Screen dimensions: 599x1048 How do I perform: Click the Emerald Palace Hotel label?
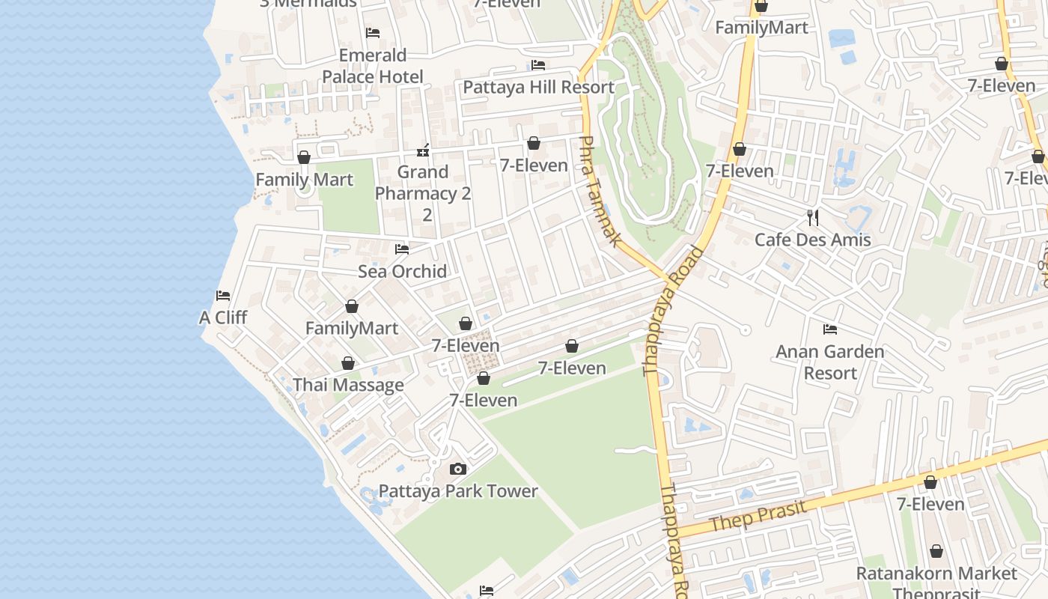coord(373,66)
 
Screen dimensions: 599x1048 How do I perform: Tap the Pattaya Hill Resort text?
coord(538,87)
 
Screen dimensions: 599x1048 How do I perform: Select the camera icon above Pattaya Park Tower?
coord(457,469)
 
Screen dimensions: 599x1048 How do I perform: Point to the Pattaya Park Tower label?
coord(458,491)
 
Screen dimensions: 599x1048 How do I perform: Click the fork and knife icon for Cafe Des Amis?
coord(813,218)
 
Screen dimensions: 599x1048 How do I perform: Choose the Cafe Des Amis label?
coord(813,240)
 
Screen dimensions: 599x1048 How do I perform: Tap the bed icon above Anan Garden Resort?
coord(829,329)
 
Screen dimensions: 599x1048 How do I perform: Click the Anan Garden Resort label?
coord(830,362)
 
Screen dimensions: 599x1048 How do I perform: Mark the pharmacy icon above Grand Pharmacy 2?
coord(423,151)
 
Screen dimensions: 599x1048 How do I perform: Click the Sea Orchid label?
coord(402,271)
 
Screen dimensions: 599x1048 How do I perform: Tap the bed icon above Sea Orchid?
coord(402,249)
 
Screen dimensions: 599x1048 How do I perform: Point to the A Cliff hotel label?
coord(223,317)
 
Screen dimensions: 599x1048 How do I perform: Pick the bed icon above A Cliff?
coord(223,296)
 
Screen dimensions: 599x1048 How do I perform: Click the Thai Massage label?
coord(348,385)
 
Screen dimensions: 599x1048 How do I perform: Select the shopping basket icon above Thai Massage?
coord(348,364)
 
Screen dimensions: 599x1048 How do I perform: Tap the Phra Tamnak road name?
coord(600,191)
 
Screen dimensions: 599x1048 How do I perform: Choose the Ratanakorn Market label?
coord(936,574)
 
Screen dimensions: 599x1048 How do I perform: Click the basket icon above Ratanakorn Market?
coord(936,552)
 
